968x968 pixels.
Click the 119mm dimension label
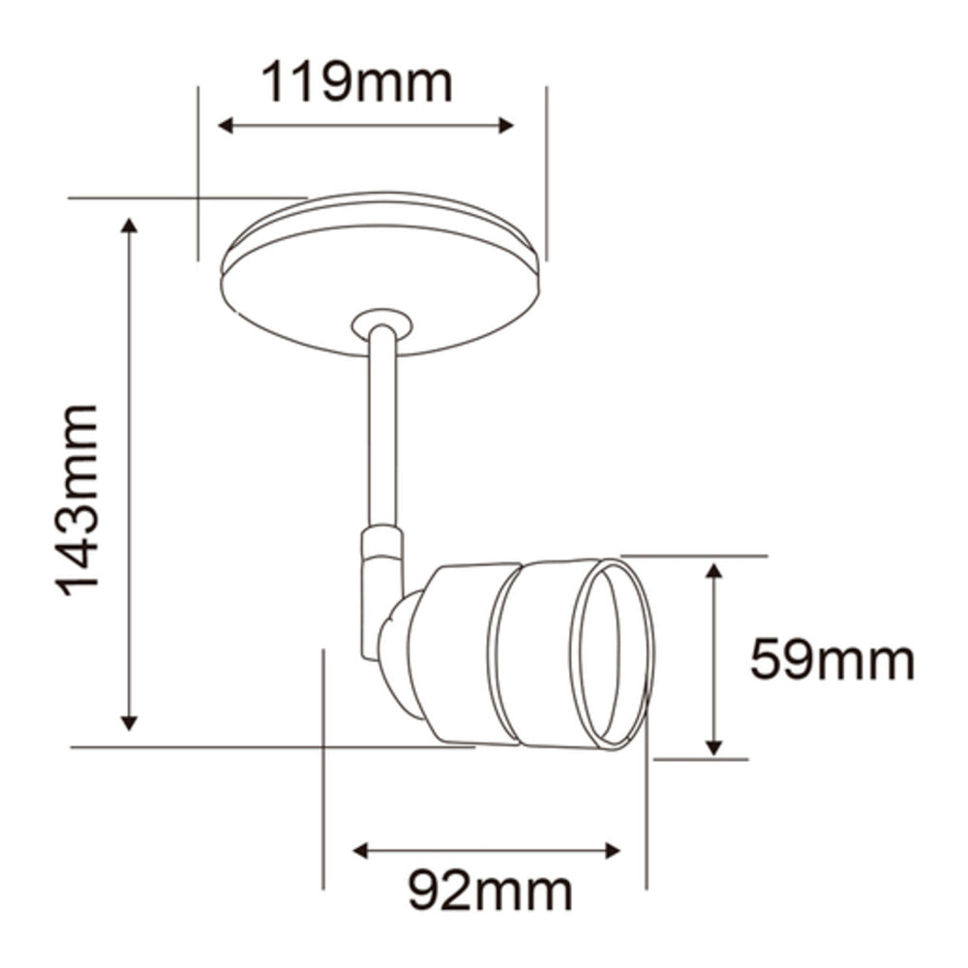357,83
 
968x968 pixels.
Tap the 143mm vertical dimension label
77,499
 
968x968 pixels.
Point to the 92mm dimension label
489,891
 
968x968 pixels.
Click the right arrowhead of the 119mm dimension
506,125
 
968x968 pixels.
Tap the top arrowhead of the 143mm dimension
130,226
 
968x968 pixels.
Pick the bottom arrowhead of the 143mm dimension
130,722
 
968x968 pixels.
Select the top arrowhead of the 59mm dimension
714,570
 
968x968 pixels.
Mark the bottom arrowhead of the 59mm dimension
714,746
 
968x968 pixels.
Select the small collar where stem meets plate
382,322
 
